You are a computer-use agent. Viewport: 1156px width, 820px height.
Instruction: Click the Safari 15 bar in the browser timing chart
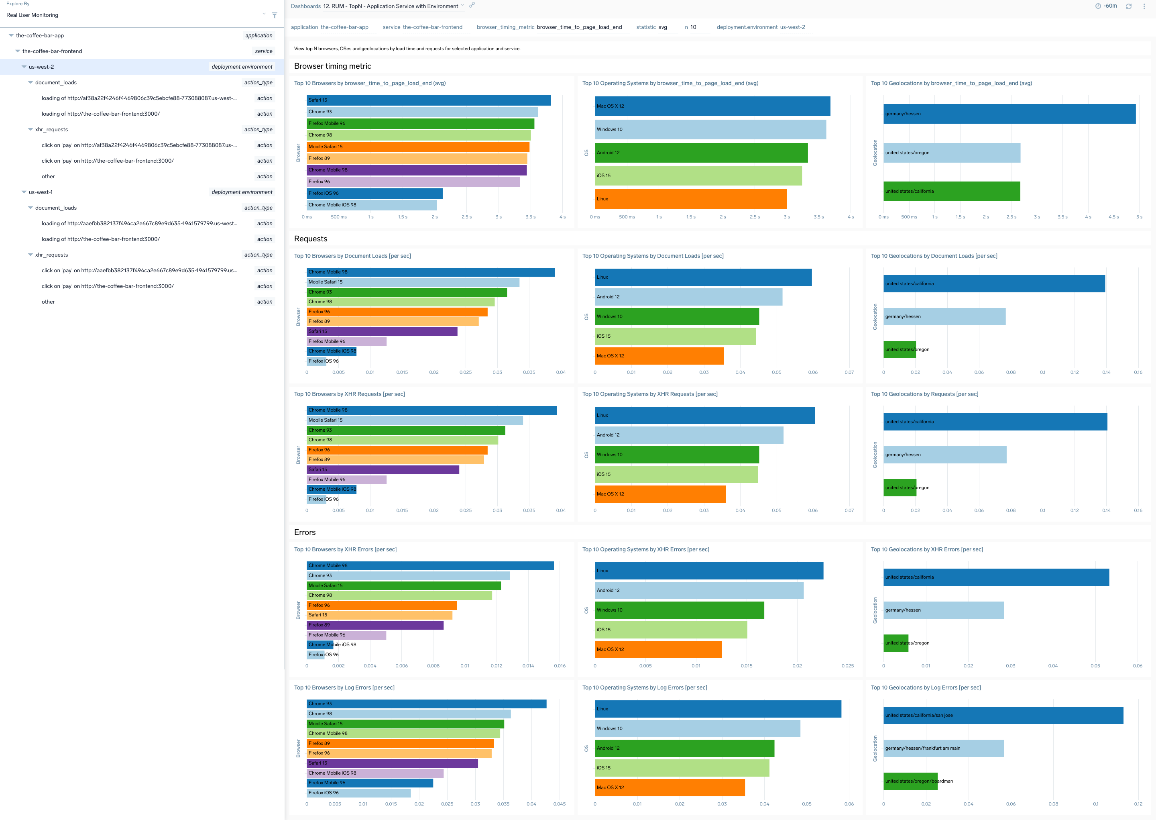[428, 100]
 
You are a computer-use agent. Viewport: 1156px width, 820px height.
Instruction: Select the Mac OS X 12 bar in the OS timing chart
[712, 106]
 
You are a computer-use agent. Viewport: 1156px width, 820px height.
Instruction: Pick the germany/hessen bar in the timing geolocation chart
[1009, 114]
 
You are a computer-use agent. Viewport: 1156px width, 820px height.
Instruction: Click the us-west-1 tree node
[41, 192]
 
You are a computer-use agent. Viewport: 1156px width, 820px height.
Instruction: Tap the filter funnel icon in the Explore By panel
[275, 15]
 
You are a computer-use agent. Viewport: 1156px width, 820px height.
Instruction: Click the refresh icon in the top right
[1128, 6]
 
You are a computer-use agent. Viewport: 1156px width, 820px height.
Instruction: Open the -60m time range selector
[1106, 6]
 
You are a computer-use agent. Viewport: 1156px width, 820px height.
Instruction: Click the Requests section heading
[310, 239]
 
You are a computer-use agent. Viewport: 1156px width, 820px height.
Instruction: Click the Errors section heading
[304, 532]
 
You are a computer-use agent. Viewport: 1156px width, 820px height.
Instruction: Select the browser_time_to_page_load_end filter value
[579, 27]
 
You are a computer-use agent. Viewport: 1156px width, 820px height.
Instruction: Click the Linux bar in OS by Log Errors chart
[718, 709]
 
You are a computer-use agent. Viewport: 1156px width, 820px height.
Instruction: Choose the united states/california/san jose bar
[1003, 715]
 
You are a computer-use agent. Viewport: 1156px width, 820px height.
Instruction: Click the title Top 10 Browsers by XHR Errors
[345, 549]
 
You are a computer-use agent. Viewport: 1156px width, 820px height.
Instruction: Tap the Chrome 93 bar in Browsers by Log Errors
[426, 704]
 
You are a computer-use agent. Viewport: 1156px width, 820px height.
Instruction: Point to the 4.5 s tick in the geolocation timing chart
[1113, 217]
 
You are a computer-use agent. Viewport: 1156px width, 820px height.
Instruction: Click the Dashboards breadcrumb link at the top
[305, 6]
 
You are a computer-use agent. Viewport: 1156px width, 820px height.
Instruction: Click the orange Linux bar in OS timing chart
[690, 199]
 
